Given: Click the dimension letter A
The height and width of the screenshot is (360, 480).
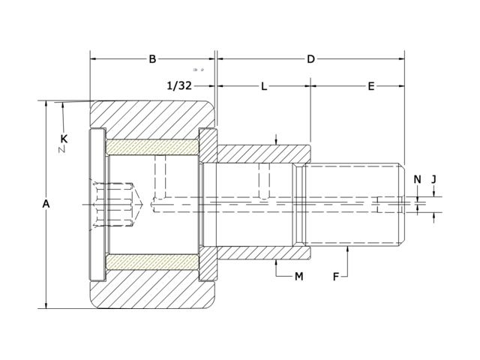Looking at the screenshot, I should pos(46,204).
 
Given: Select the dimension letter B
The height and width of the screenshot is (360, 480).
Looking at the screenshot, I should pos(152,58).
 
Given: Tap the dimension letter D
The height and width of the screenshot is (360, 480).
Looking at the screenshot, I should pos(310,58).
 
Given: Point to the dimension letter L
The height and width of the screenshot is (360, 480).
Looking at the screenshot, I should pos(264,86).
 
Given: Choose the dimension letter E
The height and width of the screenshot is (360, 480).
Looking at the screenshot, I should pos(371,86).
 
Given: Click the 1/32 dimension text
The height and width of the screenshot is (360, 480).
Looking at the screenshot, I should pos(178,86).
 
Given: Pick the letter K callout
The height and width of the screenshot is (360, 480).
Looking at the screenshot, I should pos(64,139).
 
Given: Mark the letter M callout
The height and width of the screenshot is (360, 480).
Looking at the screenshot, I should pos(298,277).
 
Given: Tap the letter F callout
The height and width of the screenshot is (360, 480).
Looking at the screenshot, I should pos(337,277).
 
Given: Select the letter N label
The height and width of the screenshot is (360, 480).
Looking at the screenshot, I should pos(418,178).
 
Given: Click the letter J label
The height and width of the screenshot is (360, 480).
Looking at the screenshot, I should pos(434,178).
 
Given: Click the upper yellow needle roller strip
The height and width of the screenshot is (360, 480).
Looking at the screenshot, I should pos(153,147).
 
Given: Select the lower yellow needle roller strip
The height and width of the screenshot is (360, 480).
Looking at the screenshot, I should pos(153,262).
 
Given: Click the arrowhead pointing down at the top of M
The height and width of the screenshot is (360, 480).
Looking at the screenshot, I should pos(277,142).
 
